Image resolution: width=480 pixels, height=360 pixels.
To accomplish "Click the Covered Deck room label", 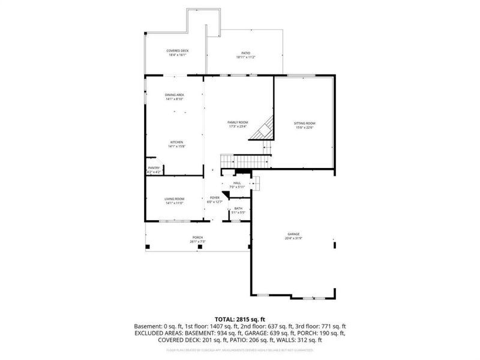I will [x=177, y=51].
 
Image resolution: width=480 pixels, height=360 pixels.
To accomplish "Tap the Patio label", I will [x=245, y=53].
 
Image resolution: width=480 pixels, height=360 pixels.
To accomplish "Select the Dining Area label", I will [x=174, y=95].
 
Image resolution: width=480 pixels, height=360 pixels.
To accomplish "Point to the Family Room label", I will [x=238, y=122].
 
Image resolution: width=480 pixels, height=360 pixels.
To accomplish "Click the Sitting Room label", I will [x=304, y=123].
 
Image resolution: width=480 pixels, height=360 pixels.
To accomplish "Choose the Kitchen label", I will [x=176, y=142].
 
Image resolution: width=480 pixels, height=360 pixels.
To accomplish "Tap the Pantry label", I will [x=154, y=168].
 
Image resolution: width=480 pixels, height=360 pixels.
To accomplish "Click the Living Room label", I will [x=175, y=199].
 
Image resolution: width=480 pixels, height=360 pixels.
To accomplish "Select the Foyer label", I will [x=214, y=197].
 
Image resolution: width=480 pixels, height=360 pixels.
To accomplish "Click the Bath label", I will [x=238, y=208].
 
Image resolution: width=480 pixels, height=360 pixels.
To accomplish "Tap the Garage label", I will [x=293, y=234].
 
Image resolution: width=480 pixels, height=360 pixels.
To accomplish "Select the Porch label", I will [x=197, y=238].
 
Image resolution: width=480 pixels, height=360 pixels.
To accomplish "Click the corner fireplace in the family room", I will [x=265, y=129].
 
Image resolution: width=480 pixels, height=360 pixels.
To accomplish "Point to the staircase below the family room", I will [x=245, y=161].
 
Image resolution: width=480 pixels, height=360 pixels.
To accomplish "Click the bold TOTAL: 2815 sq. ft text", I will [x=239, y=319].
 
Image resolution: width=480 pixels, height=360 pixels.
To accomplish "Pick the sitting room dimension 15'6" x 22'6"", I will [x=304, y=127].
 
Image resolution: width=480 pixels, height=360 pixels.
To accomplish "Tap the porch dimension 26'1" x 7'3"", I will [x=197, y=242].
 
